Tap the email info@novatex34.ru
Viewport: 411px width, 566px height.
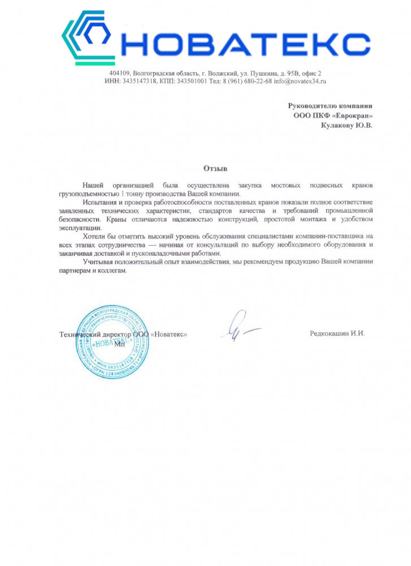300,82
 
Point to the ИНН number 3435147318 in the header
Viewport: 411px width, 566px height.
136,82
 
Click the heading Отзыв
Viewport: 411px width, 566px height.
215,168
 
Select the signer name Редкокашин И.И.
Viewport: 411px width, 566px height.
338,334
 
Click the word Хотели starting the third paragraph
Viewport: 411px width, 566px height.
93,236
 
